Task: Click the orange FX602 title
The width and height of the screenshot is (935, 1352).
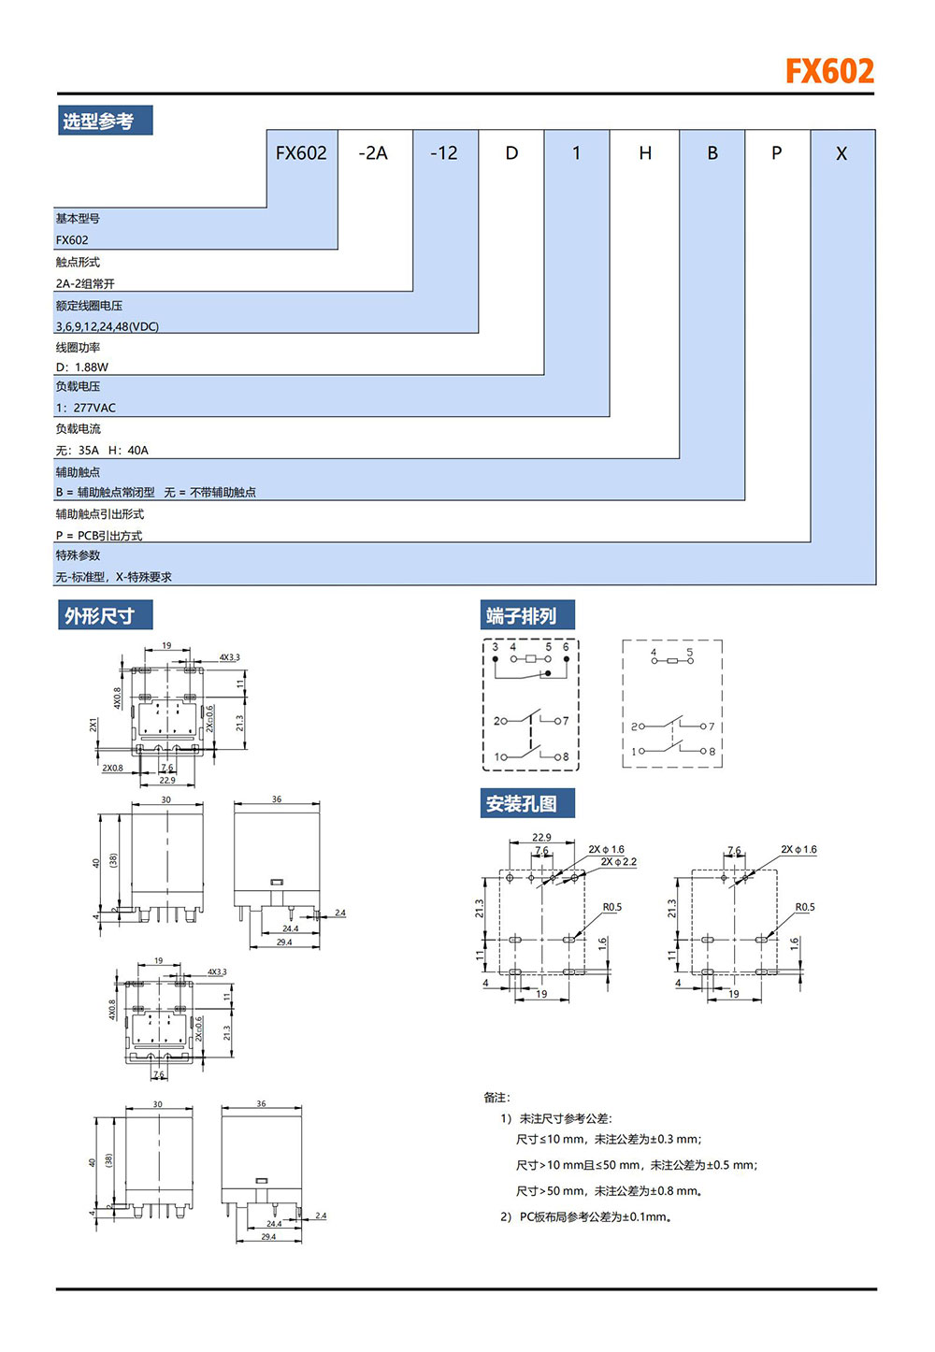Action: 828,71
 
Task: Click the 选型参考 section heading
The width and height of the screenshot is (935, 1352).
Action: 98,122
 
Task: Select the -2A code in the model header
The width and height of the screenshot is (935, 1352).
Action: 373,153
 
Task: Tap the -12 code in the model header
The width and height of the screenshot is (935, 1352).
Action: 444,153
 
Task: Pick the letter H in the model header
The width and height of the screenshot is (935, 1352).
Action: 645,153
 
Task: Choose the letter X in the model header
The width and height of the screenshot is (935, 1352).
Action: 841,153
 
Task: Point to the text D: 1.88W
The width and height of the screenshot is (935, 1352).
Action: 82,367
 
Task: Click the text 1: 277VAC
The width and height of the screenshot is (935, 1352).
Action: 86,408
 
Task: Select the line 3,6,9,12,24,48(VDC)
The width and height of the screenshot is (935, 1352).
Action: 108,326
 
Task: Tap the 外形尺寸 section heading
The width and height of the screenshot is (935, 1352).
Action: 99,616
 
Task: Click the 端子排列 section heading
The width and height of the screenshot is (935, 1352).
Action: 522,616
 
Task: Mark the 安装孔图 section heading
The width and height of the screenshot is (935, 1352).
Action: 522,804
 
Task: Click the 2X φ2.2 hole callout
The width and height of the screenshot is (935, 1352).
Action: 619,862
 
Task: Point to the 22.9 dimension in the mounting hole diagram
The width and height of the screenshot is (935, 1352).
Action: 541,838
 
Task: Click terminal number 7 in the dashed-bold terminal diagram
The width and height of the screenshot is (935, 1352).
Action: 566,721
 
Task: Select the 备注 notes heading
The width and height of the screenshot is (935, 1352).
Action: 497,1098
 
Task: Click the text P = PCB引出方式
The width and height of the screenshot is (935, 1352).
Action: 99,536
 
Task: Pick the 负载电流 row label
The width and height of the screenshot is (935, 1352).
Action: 78,428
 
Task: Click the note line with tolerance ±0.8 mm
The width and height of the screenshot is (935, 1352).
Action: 610,1191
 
